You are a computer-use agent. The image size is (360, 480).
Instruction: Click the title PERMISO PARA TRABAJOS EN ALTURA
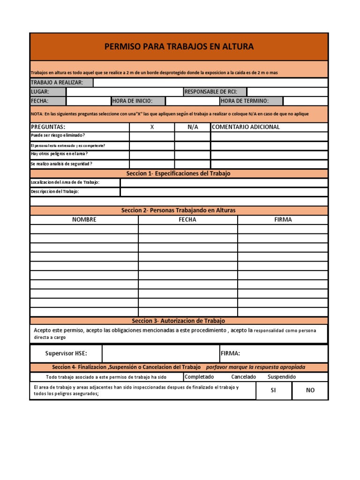click(179, 46)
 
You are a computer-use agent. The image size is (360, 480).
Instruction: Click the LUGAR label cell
click(48, 92)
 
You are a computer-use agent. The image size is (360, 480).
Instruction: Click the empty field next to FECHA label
click(88, 101)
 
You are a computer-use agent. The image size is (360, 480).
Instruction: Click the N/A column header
click(193, 127)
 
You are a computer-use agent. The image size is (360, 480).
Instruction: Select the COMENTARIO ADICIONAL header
click(246, 127)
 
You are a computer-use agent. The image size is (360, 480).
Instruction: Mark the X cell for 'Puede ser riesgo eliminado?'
click(152, 136)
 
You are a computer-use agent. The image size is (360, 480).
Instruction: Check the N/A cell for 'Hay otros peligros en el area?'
click(193, 155)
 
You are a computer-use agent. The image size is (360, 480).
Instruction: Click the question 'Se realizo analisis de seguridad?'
click(61, 164)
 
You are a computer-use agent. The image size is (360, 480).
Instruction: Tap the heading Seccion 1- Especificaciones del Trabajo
click(179, 173)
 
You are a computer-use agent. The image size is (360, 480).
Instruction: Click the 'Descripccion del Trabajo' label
click(55, 192)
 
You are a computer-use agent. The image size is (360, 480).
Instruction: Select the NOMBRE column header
click(84, 219)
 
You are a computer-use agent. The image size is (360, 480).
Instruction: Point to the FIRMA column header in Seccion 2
click(283, 219)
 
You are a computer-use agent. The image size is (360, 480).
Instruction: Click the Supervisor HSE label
click(66, 353)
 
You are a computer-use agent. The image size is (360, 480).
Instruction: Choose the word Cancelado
click(243, 377)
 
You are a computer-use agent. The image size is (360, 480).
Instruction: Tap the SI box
click(274, 390)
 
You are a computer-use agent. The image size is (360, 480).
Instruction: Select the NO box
click(310, 390)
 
